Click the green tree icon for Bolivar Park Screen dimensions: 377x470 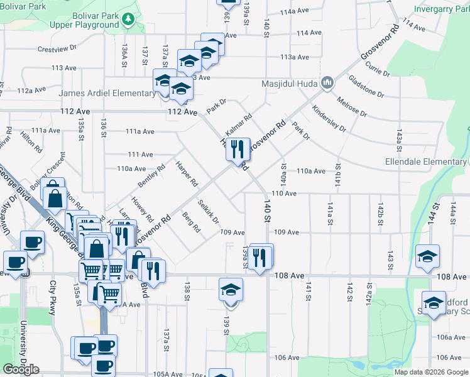click(x=128, y=19)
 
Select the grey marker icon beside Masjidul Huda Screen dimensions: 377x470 click(x=327, y=83)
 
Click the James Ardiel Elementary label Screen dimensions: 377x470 click(x=107, y=94)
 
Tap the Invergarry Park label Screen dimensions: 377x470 click(x=442, y=9)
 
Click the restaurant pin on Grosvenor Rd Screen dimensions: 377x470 click(x=238, y=150)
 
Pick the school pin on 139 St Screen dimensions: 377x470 click(x=231, y=290)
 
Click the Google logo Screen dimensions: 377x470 click(x=21, y=369)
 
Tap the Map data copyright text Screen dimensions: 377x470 click(x=431, y=372)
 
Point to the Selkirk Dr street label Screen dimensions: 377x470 click(x=208, y=212)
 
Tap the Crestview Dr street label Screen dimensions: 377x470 click(x=57, y=48)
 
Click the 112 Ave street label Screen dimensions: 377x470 click(x=183, y=112)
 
